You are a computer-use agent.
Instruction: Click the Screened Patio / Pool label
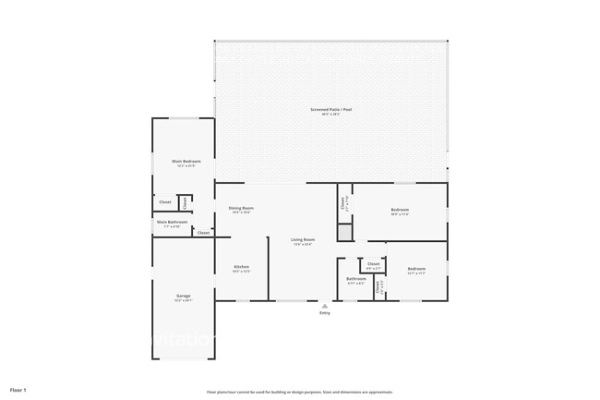330,109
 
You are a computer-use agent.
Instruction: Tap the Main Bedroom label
186,161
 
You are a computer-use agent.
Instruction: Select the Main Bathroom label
172,222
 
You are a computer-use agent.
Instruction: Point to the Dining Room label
241,208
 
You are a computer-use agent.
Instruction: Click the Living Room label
303,239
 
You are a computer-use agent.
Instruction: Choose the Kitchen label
241,267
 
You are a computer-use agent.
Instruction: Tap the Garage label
184,296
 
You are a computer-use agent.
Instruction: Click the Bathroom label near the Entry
356,278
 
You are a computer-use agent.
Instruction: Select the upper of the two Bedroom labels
400,210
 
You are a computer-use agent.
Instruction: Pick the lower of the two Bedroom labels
416,269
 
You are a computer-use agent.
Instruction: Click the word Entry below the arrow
324,313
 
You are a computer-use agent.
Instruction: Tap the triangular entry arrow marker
324,306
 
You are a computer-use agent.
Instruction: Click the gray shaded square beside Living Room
344,233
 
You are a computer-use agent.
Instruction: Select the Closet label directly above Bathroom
373,263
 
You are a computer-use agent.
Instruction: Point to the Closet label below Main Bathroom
203,233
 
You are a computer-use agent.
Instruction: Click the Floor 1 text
18,391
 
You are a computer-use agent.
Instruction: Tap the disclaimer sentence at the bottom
299,392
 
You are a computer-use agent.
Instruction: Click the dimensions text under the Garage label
184,300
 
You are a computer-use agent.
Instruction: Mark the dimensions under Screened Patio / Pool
330,115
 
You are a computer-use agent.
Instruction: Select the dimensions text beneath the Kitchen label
241,272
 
